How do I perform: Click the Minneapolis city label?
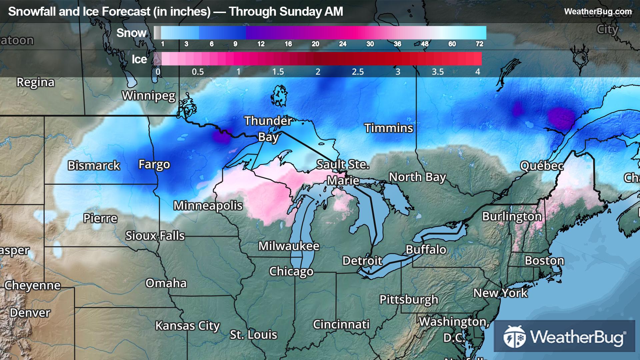click(208, 206)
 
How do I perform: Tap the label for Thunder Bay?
click(268, 129)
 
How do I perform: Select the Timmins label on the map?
click(389, 128)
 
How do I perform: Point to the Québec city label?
click(542, 166)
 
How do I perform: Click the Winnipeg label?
click(149, 96)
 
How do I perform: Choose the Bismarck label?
click(94, 166)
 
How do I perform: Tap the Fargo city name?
click(154, 164)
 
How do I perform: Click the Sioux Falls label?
click(155, 236)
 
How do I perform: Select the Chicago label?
click(291, 271)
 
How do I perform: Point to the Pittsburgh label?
click(409, 300)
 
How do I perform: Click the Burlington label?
click(512, 217)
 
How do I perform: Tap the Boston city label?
click(544, 261)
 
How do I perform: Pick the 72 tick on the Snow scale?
click(479, 44)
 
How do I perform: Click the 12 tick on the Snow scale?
click(261, 44)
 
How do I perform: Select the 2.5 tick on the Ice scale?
click(358, 72)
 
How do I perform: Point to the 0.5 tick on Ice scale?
click(198, 72)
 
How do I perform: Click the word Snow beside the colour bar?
click(131, 33)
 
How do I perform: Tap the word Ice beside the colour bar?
click(139, 59)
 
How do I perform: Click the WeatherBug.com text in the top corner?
click(598, 12)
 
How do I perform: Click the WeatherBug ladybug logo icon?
click(514, 336)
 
